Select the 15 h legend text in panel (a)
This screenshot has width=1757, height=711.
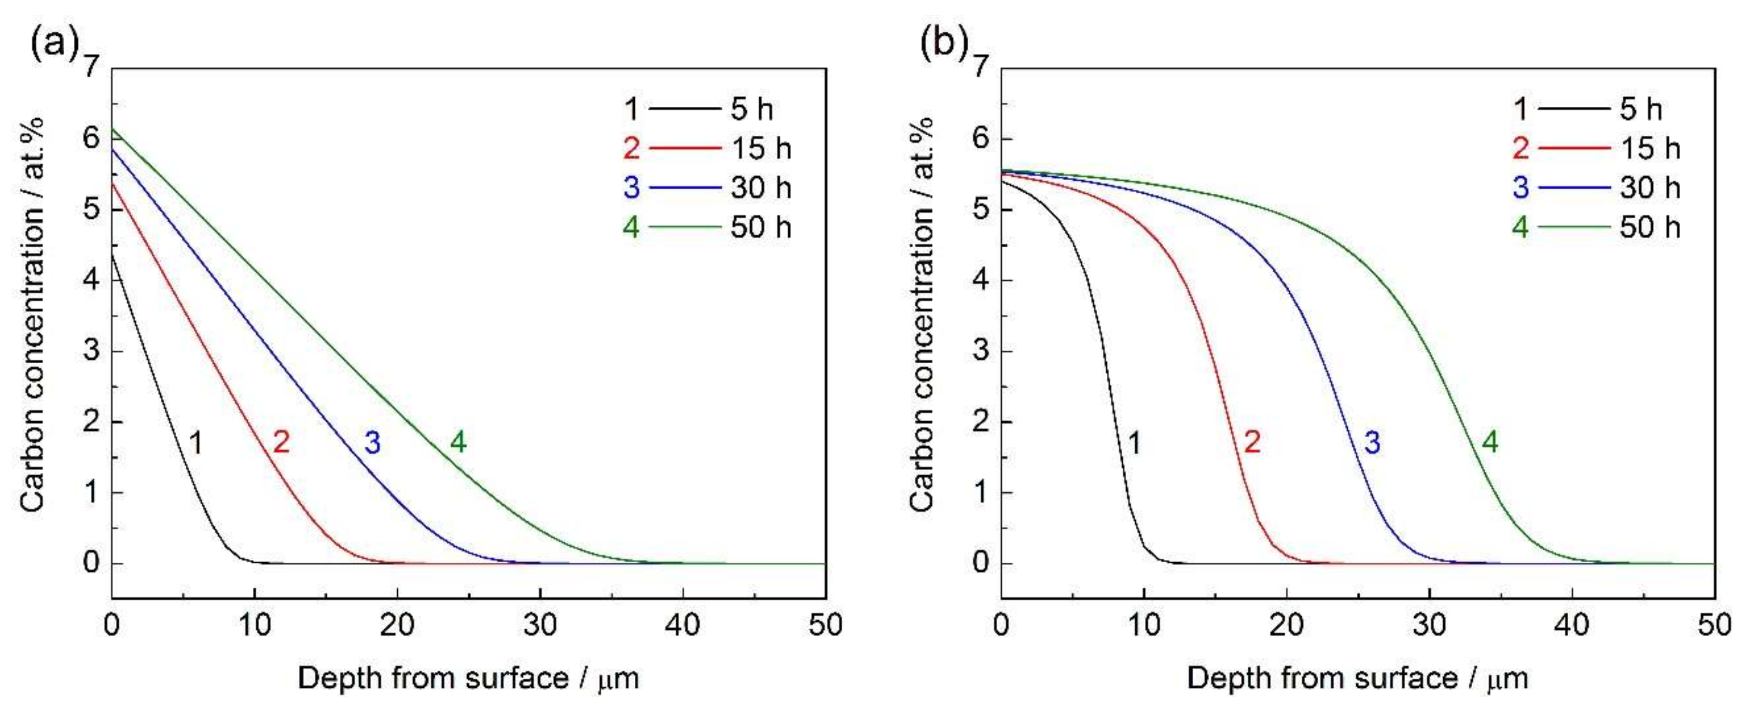[761, 149]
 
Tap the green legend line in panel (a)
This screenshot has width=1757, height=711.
[684, 227]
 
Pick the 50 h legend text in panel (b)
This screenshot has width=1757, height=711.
[1650, 227]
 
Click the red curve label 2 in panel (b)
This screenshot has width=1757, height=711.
[1252, 443]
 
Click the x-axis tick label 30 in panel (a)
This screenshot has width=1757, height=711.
[540, 625]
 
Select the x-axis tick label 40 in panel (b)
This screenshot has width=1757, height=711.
[1572, 625]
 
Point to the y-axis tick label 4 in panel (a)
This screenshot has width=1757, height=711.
[91, 280]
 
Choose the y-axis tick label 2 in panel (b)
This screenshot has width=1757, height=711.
[981, 422]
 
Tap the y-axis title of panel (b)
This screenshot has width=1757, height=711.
[921, 314]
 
